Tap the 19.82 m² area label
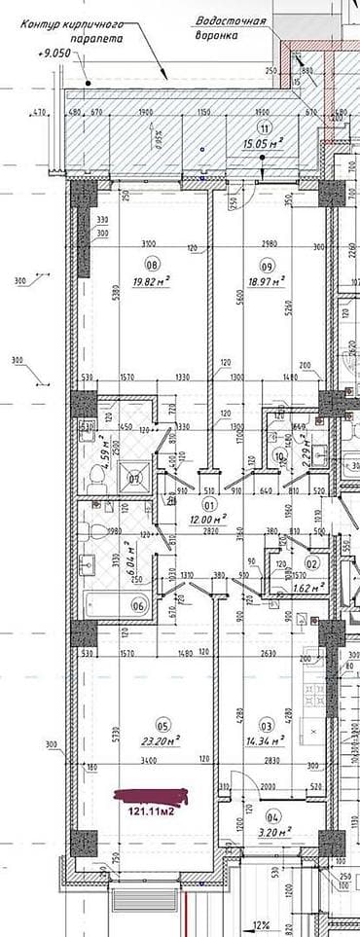(x=151, y=282)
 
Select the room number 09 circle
(x=266, y=265)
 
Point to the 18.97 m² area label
(x=265, y=282)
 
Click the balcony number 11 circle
(x=262, y=128)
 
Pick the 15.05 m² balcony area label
(x=263, y=144)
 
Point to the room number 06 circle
(x=138, y=605)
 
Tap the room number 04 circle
(x=271, y=815)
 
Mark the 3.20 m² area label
(x=272, y=832)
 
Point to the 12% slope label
(x=262, y=925)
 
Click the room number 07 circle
(x=136, y=477)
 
